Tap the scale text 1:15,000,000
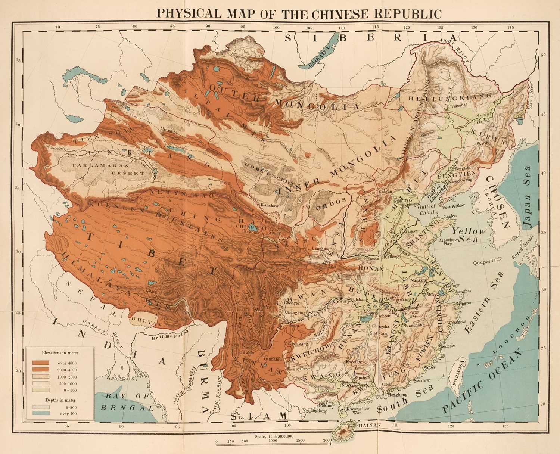coord(274,436)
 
